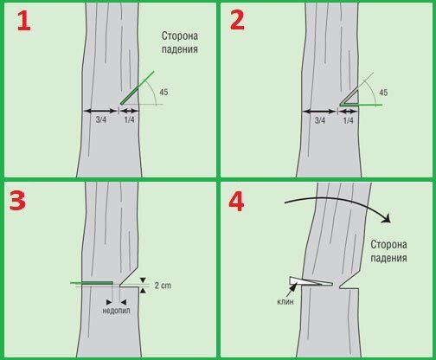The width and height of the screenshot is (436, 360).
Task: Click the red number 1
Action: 24,21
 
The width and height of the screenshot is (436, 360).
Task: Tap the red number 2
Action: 237,21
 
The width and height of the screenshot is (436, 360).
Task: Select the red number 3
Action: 17,201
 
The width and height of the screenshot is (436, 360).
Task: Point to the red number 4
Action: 236,202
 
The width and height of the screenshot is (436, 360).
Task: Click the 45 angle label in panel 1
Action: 163,93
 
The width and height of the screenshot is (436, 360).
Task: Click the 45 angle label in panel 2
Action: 383,93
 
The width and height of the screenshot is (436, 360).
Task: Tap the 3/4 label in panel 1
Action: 101,119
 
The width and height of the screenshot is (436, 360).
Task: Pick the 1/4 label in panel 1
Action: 129,119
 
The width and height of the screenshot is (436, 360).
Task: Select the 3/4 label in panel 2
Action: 320,120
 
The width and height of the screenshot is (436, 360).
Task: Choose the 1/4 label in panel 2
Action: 348,120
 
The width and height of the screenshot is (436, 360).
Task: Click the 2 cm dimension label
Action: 163,286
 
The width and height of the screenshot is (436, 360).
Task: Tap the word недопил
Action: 116,311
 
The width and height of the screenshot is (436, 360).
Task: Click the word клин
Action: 285,302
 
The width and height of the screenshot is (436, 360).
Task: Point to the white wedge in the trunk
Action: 311,281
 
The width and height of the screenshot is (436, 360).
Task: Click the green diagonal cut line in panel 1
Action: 138,87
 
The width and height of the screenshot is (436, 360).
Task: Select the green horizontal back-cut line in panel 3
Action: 92,283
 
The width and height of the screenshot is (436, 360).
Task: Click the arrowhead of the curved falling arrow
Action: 387,218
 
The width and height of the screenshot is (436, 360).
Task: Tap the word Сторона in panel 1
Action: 180,36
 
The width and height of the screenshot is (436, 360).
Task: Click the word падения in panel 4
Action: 388,258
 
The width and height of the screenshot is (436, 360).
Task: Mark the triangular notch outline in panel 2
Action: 349,98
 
